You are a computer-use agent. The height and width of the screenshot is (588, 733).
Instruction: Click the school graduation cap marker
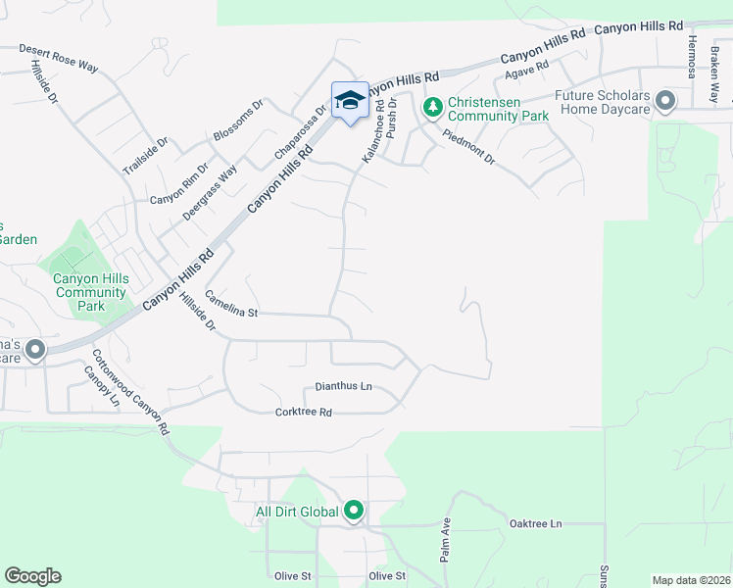[x=350, y=100]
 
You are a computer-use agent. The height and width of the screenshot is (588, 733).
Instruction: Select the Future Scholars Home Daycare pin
[x=666, y=102]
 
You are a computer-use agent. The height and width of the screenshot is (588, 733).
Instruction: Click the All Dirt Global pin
[x=354, y=511]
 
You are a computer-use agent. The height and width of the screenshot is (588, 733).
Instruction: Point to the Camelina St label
[x=230, y=304]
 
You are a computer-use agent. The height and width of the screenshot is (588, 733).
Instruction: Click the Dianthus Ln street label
[x=344, y=387]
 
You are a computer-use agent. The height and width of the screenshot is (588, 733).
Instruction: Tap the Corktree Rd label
[x=304, y=413]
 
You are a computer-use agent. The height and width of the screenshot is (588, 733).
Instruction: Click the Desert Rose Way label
[x=59, y=58]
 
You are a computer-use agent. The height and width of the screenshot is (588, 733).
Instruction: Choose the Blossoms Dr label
[x=239, y=121]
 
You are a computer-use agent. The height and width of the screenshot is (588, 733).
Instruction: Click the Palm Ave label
[x=445, y=540]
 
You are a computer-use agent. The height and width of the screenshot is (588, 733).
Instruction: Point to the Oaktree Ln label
[x=536, y=524]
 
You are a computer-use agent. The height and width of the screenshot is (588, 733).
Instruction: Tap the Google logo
[x=32, y=576]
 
